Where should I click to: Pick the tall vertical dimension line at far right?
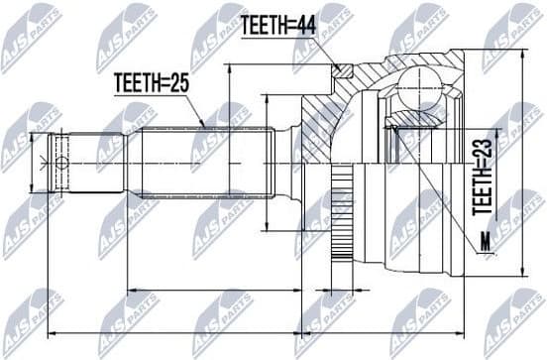[522, 164]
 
